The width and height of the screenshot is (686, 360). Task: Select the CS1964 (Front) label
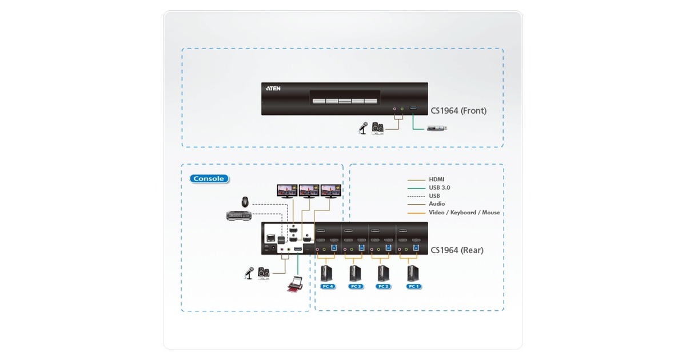coord(459,111)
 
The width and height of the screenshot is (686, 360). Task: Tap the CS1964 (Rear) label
coord(457,250)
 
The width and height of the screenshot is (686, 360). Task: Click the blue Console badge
coord(209,179)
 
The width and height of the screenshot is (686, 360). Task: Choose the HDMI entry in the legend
coord(436,179)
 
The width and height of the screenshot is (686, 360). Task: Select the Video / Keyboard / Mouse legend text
coord(464,213)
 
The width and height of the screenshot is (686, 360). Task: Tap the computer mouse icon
coord(245,202)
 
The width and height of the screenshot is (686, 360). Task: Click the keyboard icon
coord(238,215)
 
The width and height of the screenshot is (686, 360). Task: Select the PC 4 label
coord(328,286)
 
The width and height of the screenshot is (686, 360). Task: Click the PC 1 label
coord(412,286)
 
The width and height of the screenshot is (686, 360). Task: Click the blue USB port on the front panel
coord(413,108)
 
